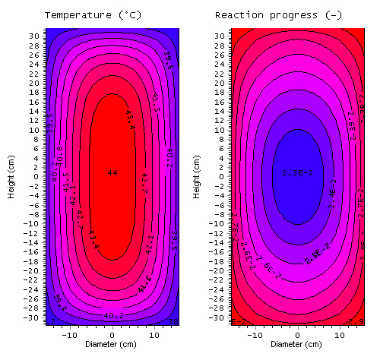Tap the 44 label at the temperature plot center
(112, 173)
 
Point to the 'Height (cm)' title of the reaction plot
(197, 177)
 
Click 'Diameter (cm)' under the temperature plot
(112, 344)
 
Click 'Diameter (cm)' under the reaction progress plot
(297, 344)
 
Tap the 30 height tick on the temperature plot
(36, 35)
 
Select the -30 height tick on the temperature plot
(34, 318)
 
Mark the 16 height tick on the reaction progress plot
(220, 101)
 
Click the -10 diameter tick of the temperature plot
(70, 333)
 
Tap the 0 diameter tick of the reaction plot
(297, 333)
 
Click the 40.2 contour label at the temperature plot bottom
(113, 315)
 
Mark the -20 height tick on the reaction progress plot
(218, 271)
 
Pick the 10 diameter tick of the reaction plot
(339, 333)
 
